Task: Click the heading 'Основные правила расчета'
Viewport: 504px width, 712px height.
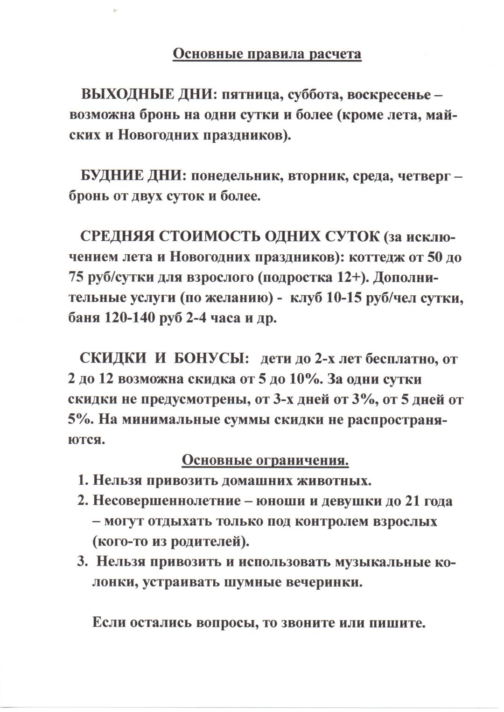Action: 267,54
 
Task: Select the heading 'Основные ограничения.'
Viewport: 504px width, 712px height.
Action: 265,460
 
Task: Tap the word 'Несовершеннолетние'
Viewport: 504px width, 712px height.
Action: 166,501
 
